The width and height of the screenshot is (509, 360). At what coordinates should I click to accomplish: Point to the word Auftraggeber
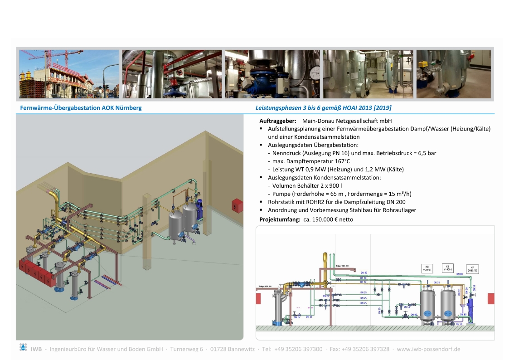278,121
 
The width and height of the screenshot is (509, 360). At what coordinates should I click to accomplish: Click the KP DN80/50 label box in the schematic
472,269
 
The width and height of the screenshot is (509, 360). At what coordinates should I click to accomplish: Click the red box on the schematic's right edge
490,298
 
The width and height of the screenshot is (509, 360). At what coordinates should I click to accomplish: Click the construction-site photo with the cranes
69,74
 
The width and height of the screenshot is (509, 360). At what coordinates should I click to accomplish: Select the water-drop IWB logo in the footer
23,348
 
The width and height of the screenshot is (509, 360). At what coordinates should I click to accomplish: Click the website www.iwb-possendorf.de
428,349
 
